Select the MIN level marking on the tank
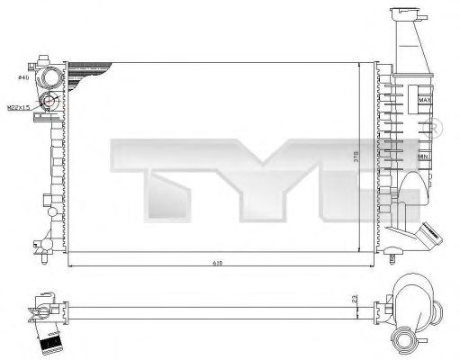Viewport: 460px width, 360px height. [423, 157]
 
